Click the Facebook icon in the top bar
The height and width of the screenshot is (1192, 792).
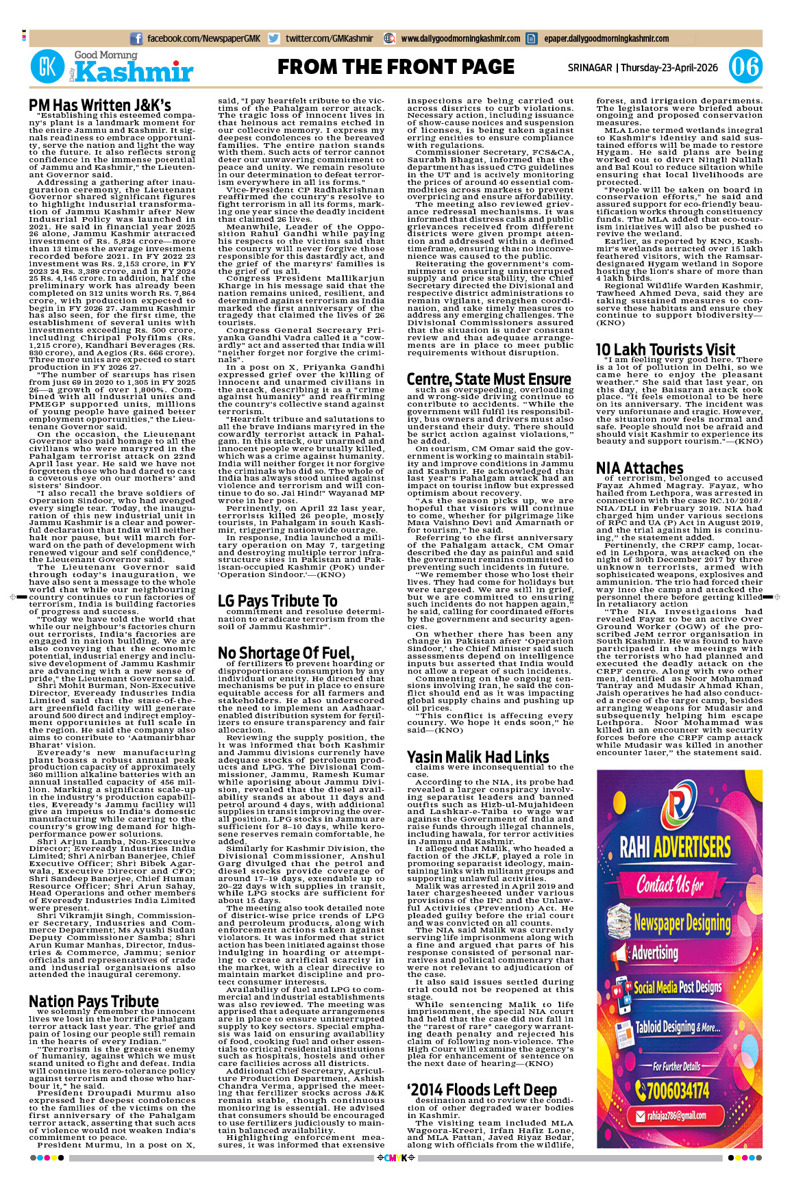tap(136, 39)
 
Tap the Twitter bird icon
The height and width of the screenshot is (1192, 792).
tap(274, 39)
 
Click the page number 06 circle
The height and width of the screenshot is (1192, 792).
tap(745, 67)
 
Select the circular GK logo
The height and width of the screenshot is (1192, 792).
tap(47, 67)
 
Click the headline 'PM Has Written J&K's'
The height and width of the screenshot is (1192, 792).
tap(100, 105)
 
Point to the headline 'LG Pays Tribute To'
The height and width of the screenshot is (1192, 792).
tap(277, 600)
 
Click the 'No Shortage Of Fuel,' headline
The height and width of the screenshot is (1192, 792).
tap(286, 652)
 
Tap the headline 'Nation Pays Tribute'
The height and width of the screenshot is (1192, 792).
tap(94, 1001)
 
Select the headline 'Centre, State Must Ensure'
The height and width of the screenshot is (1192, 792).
tap(488, 379)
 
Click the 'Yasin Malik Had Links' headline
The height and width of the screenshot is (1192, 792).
tap(478, 757)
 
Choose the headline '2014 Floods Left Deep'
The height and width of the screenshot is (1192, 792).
tap(482, 1089)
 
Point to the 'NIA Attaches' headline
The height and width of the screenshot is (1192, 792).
tap(639, 468)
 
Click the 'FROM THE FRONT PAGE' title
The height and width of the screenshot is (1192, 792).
tap(395, 67)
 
